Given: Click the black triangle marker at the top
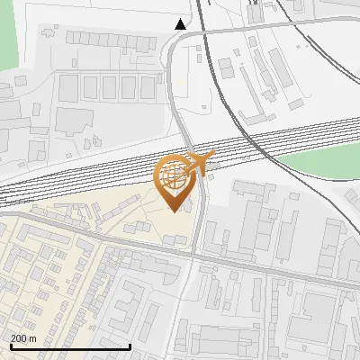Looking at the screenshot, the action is click(181, 24).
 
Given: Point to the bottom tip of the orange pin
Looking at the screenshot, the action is click(174, 211).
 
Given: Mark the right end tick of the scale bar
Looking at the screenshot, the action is click(130, 346).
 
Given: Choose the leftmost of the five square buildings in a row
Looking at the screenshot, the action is click(68, 87).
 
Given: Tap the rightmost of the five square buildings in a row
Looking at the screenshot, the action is click(148, 87).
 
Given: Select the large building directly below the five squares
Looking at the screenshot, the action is click(81, 121).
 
